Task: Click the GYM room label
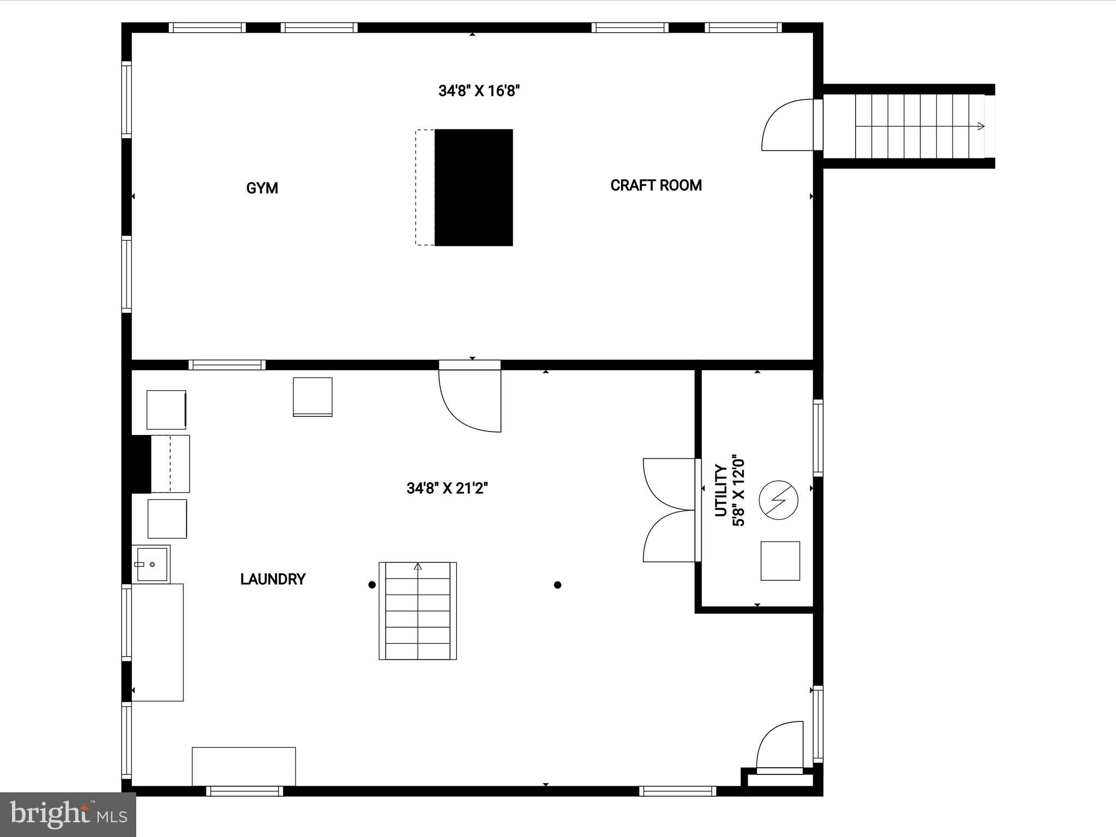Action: (x=262, y=188)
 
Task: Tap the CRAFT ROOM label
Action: (x=656, y=185)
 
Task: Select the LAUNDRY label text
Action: (x=272, y=579)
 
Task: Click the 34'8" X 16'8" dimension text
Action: (x=479, y=90)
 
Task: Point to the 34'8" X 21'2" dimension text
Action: (x=447, y=488)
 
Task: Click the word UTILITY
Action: (x=721, y=490)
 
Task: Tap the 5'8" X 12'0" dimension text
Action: (x=738, y=491)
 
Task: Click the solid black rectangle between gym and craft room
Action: (x=474, y=187)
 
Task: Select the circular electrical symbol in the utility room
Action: (x=779, y=500)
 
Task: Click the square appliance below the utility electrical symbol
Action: (x=780, y=561)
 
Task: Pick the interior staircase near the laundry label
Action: (x=418, y=611)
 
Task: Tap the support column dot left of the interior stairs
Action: (x=372, y=585)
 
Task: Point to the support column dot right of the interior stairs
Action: (x=557, y=585)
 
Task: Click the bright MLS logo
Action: (x=68, y=814)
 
